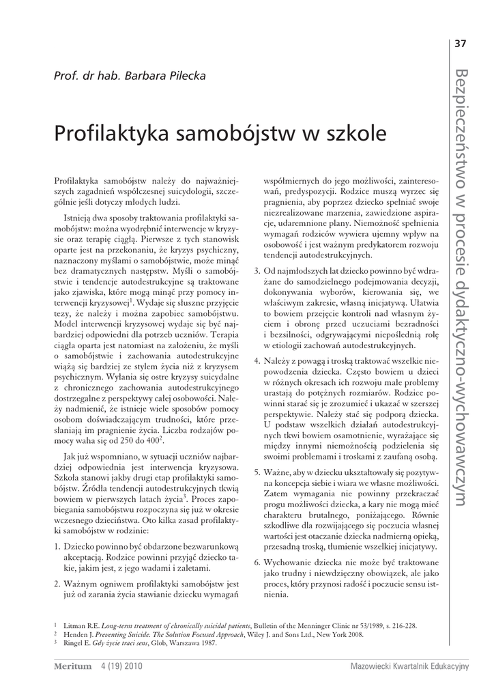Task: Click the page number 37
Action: [x=459, y=44]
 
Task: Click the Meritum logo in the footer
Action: [x=72, y=667]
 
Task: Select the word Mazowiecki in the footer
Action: [x=372, y=667]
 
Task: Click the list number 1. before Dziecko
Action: [x=57, y=547]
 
